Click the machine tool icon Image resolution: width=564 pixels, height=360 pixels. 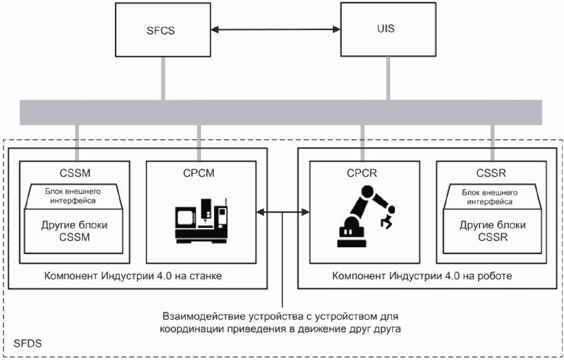point(201,220)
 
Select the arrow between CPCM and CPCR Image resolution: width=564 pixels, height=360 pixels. point(282,213)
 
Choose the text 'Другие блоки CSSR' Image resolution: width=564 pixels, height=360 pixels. point(491,231)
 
